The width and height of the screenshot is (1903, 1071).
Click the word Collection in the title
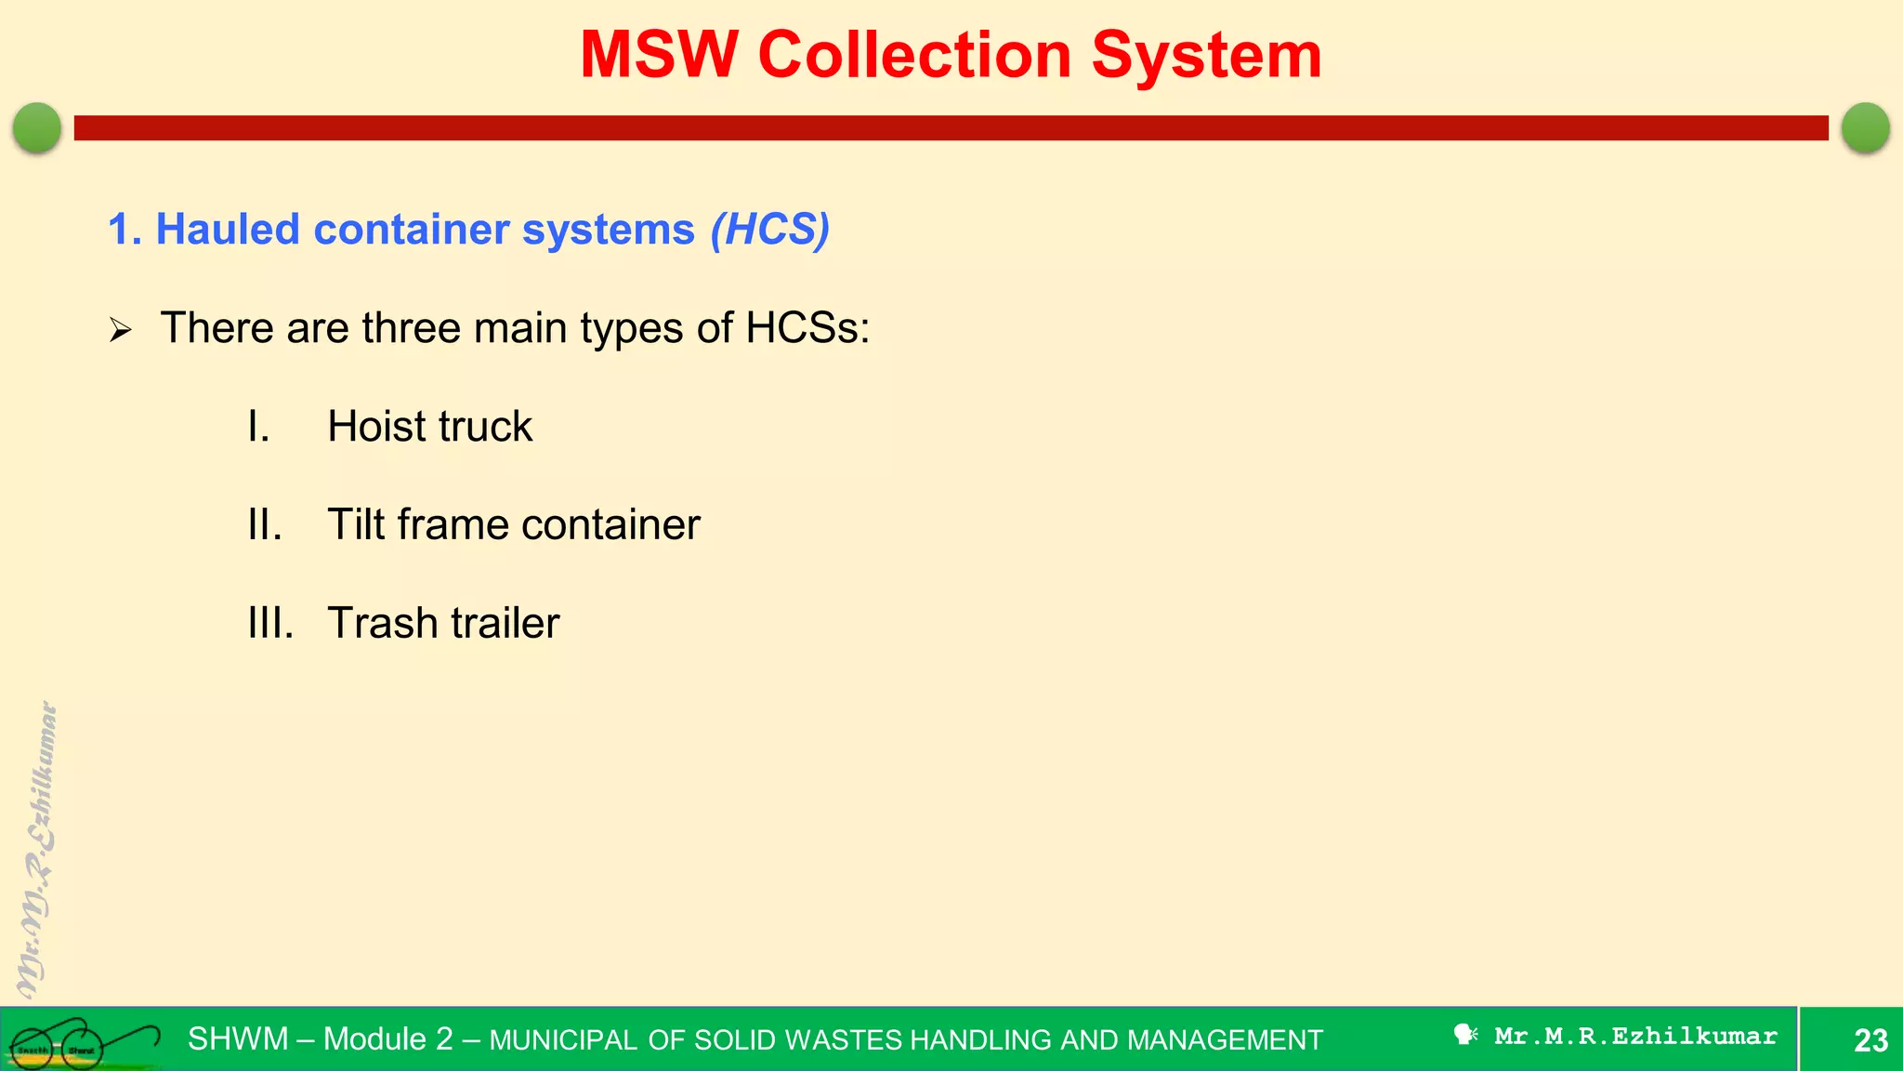pyautogui.click(x=914, y=56)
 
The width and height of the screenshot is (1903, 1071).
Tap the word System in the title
pyautogui.click(x=1205, y=56)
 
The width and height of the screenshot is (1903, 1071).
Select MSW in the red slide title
pyautogui.click(x=659, y=56)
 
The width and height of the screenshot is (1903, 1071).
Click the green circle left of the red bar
pyautogui.click(x=37, y=127)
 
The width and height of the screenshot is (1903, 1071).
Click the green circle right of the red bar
pyautogui.click(x=1865, y=127)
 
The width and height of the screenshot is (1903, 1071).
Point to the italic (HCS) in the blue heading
pyautogui.click(x=769, y=230)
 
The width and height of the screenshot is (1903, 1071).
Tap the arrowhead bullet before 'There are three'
pyautogui.click(x=121, y=330)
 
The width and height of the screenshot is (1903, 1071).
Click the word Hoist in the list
pyautogui.click(x=375, y=427)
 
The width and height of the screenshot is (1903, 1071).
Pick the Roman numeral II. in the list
pyautogui.click(x=265, y=525)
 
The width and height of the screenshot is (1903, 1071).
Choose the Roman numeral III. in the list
pyautogui.click(x=270, y=624)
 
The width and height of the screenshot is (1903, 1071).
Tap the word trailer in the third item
pyautogui.click(x=508, y=624)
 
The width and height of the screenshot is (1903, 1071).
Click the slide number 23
pyautogui.click(x=1870, y=1040)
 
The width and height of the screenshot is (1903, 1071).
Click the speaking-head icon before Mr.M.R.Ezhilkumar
pyautogui.click(x=1465, y=1035)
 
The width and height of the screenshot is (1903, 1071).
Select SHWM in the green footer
pyautogui.click(x=238, y=1039)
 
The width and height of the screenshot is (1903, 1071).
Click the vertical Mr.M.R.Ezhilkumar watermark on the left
pyautogui.click(x=37, y=850)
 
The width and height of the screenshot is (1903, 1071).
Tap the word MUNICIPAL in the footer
pyautogui.click(x=563, y=1040)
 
